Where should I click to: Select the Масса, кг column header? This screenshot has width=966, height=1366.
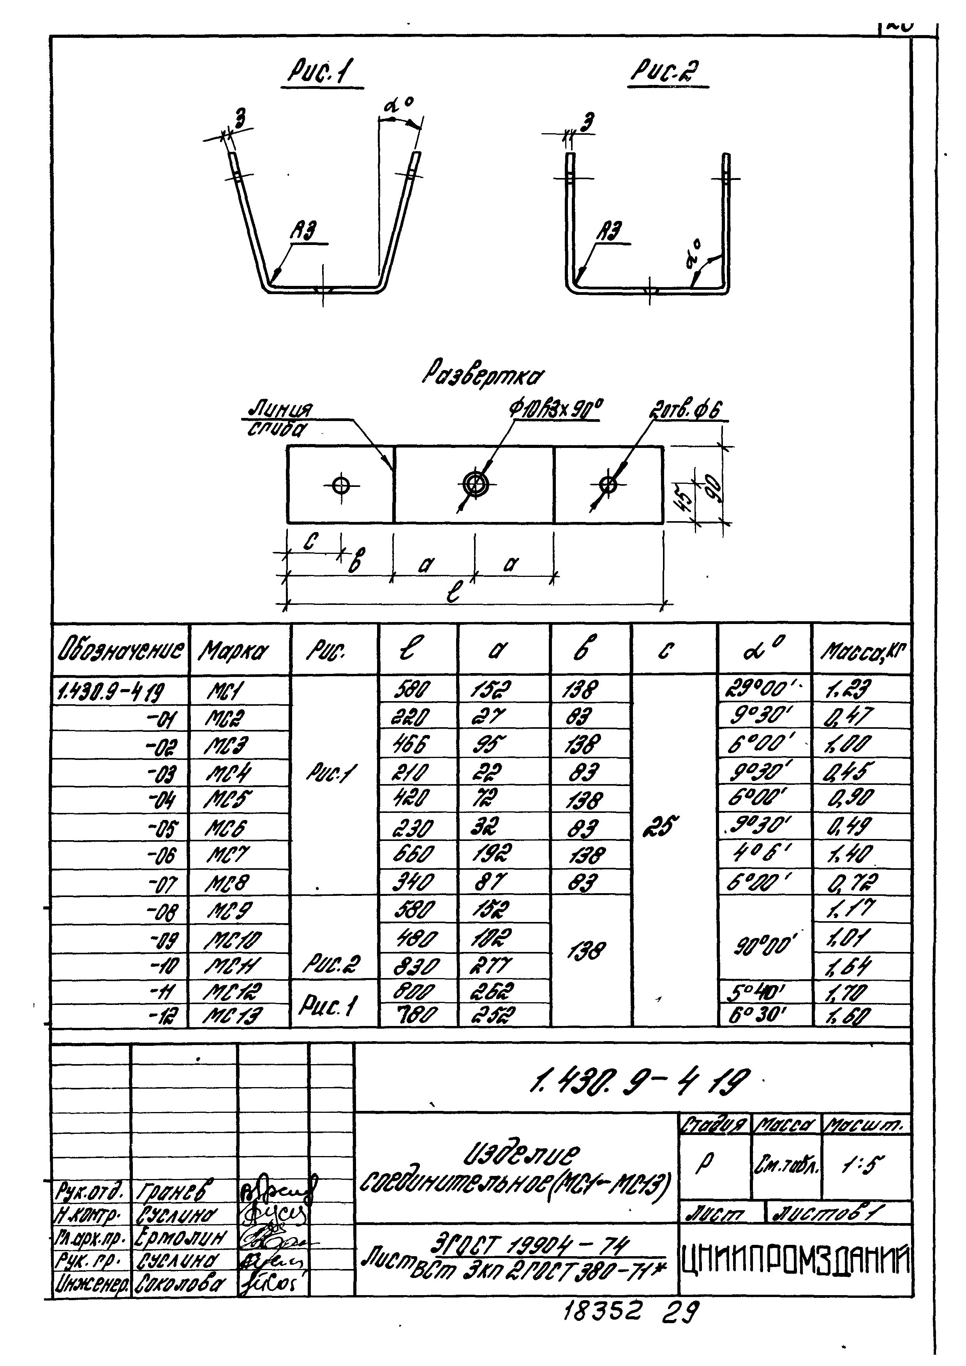pos(862,652)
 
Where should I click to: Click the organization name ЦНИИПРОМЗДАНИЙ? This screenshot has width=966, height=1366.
pos(795,1261)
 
